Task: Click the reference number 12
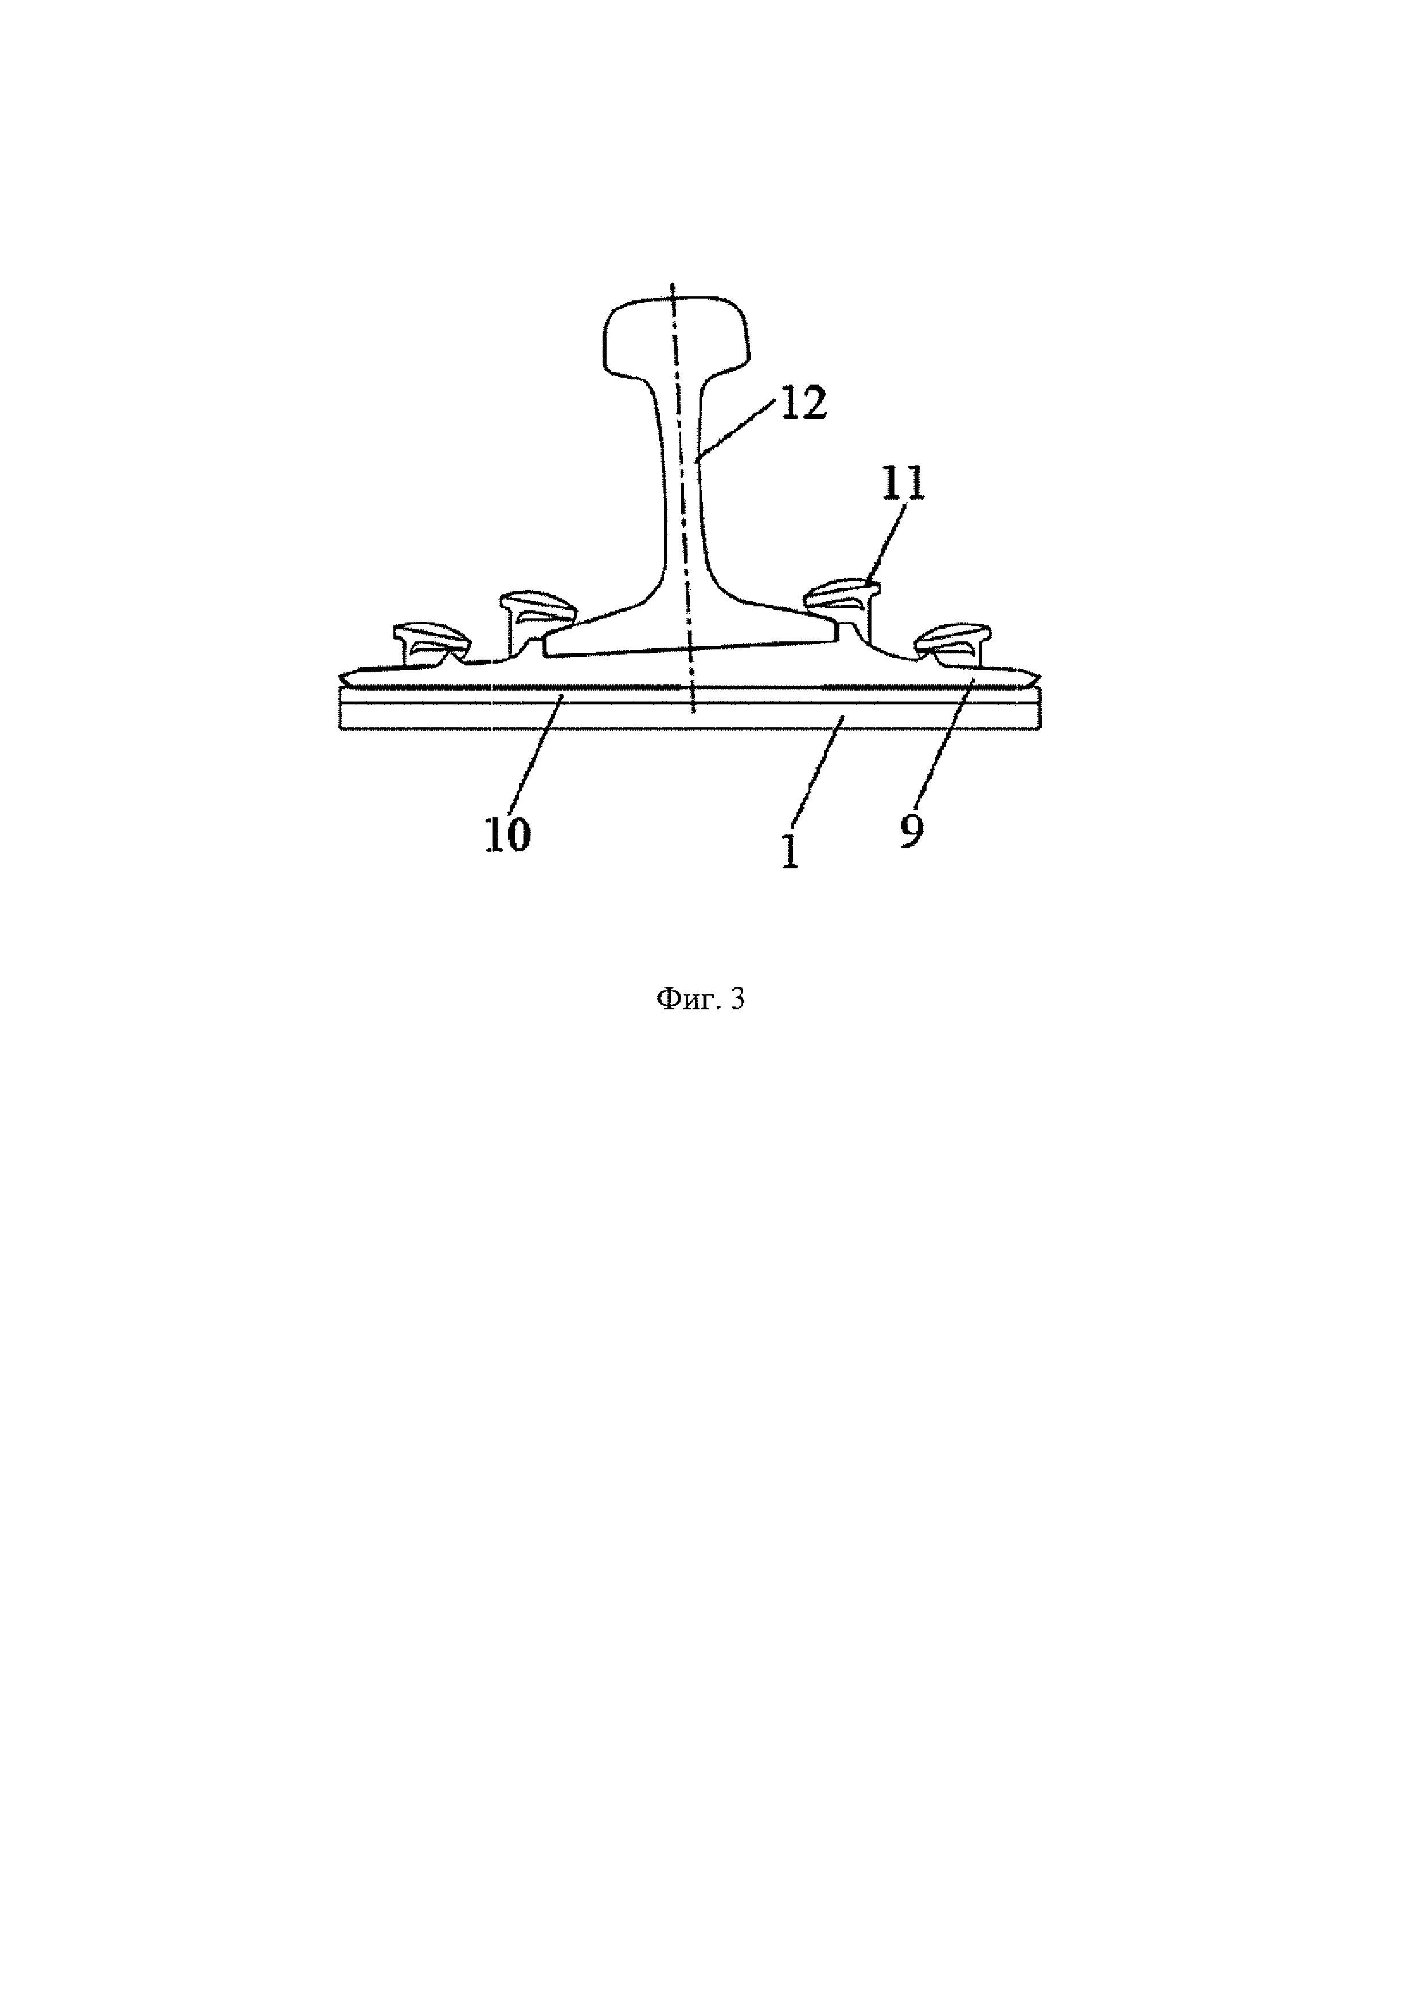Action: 802,405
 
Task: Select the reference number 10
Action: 508,834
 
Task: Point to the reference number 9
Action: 911,830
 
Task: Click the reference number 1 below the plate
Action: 790,851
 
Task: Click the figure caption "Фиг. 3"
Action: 701,999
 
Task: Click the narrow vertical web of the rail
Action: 681,490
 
